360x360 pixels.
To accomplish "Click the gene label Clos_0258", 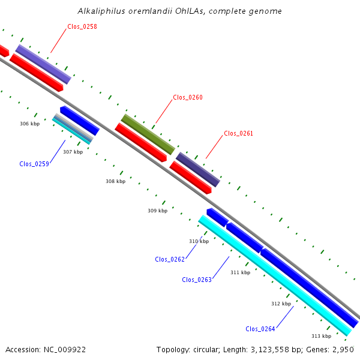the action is (x=82, y=26).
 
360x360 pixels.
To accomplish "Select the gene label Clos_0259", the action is (x=34, y=164).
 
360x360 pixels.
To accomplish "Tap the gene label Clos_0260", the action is (x=188, y=97).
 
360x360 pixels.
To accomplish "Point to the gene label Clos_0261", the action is (x=238, y=133).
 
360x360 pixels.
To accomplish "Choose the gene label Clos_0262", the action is (x=170, y=259).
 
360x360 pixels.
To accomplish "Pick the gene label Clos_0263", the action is (x=197, y=280).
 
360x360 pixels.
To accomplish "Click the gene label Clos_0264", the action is (x=260, y=329).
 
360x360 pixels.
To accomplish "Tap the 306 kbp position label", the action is (x=30, y=124).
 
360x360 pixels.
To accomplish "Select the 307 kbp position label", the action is (x=73, y=152).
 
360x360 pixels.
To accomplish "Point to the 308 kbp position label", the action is (x=115, y=181).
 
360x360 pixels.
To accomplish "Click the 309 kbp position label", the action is (x=157, y=211).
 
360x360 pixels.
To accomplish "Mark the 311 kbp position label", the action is (x=241, y=272).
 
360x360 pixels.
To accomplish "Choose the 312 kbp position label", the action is (x=281, y=304).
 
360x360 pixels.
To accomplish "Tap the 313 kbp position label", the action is (x=322, y=336).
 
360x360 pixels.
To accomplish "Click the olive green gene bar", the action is (x=148, y=134).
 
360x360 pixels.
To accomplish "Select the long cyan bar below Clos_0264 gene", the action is (x=275, y=275).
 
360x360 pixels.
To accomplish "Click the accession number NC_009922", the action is (x=65, y=350).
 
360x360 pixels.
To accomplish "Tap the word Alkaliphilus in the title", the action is (x=101, y=11).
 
